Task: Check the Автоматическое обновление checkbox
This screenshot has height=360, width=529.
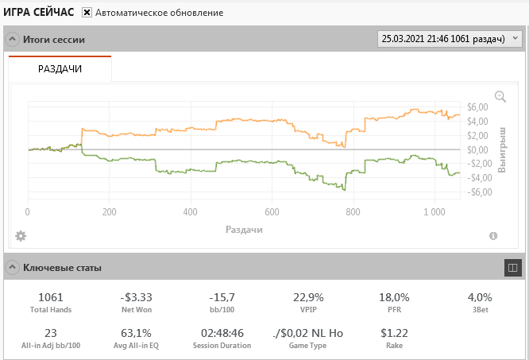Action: tap(87, 13)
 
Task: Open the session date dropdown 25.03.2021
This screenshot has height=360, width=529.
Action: tap(450, 38)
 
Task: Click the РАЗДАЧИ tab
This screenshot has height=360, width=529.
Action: tap(60, 69)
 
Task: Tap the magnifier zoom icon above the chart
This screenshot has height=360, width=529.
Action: tap(500, 96)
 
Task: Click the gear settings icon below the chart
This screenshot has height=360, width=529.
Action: tap(21, 236)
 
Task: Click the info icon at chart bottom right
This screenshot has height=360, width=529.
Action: tap(493, 236)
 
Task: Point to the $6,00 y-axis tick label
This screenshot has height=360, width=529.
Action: tap(477, 107)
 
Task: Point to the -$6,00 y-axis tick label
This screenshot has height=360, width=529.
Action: tap(476, 192)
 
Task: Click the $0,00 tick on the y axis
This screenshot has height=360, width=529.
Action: tap(477, 149)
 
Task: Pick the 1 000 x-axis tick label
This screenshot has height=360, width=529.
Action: tap(434, 212)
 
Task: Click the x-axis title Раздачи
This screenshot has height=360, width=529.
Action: tap(244, 229)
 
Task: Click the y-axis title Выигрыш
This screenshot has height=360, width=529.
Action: tap(501, 149)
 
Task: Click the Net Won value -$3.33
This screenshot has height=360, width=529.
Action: tap(137, 297)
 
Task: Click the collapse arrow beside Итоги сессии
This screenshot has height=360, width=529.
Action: tap(13, 39)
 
